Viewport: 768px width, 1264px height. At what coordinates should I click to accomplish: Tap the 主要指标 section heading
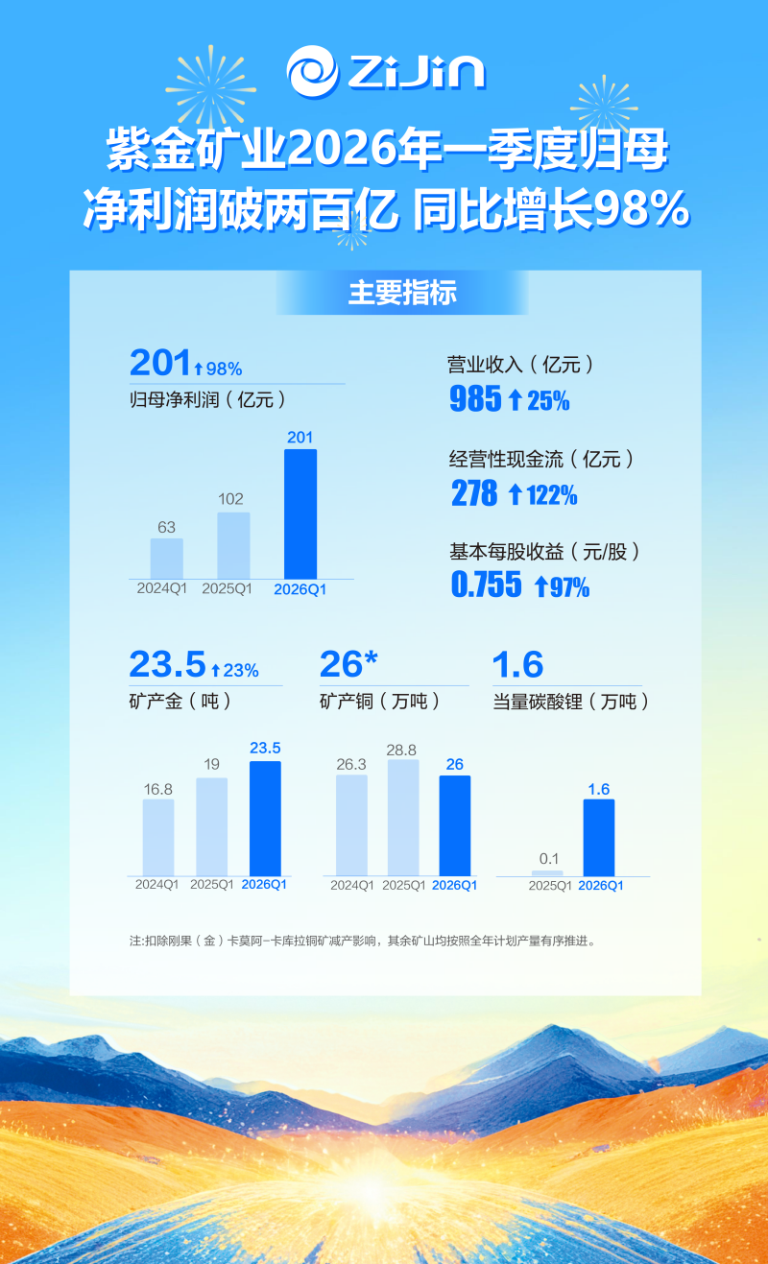coord(401,293)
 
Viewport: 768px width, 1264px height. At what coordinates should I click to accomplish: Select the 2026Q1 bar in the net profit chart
coord(300,514)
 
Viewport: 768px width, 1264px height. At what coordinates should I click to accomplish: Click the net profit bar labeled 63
coord(166,559)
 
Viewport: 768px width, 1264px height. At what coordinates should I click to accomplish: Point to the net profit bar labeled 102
coord(233,545)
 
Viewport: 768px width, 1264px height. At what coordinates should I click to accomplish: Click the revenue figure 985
coord(475,399)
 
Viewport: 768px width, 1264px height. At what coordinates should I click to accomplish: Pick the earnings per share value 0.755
coord(487,584)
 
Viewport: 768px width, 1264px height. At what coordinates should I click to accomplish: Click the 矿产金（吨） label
coord(181,702)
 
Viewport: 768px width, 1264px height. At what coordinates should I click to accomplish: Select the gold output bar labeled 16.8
coord(158,837)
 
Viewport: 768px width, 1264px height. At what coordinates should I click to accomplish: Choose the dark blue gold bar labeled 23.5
coord(265,818)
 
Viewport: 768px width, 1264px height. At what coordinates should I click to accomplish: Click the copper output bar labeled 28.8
coord(403,817)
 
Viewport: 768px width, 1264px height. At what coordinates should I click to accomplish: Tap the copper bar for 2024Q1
coord(351,824)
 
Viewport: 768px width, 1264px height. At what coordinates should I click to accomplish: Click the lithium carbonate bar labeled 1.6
coord(599,837)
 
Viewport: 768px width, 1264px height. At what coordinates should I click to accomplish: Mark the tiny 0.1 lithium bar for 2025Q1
coord(546,872)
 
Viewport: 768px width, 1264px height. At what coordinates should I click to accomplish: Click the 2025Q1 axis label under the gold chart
coord(211,885)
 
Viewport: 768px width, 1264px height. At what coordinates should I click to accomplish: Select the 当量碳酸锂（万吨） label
coord(571,702)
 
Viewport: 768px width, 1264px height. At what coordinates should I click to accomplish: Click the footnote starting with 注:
coord(363,942)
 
